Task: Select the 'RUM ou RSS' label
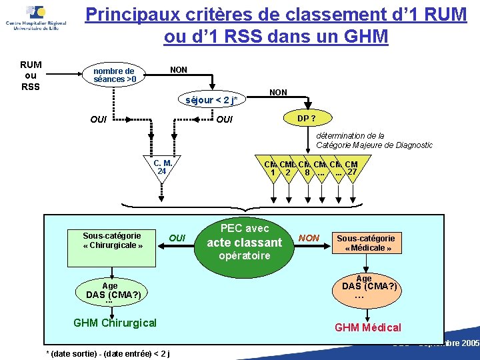[30, 75]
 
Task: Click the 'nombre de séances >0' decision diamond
[115, 75]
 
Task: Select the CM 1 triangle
[272, 169]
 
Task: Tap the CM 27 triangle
[352, 169]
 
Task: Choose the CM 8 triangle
[305, 169]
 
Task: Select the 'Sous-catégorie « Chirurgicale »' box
[112, 241]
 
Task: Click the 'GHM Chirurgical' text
[115, 323]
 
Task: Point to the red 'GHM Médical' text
[368, 327]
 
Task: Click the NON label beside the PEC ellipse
[309, 237]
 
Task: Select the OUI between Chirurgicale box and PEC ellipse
[177, 238]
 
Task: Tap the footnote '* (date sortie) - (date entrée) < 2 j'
[107, 353]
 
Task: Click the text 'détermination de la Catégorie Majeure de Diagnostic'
[374, 140]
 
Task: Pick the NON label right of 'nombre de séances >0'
[179, 69]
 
